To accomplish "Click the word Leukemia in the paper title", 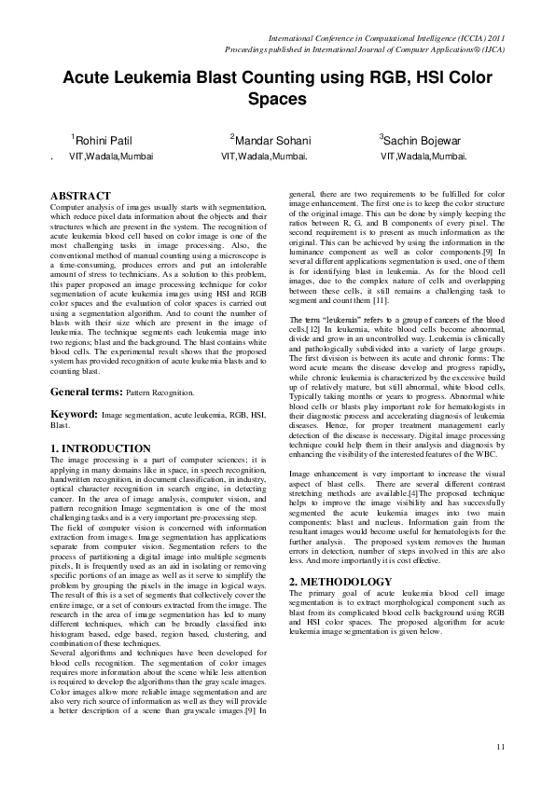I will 157,77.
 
